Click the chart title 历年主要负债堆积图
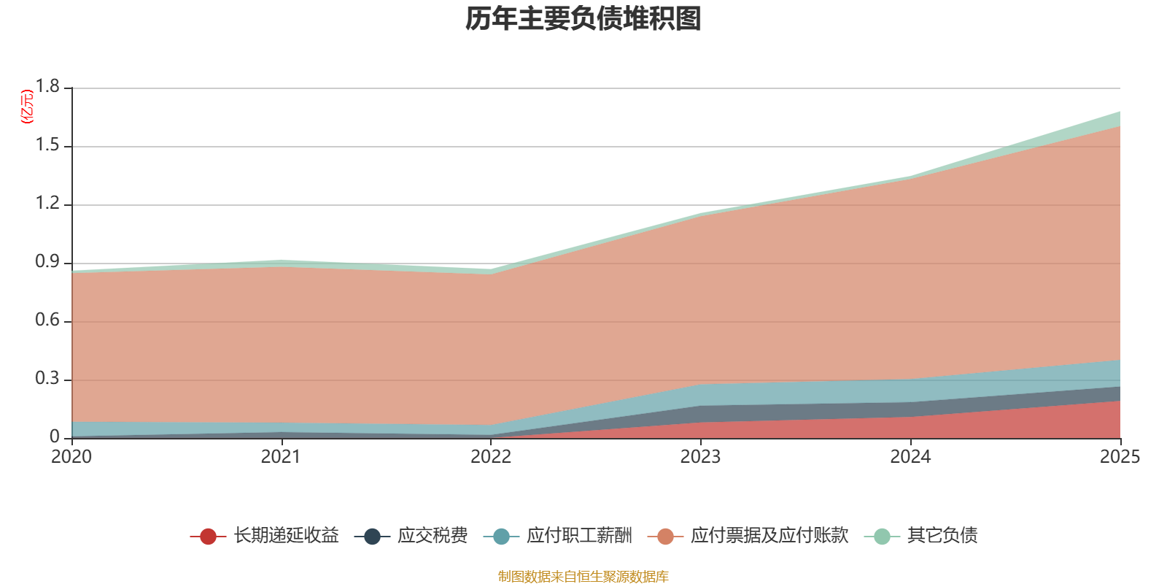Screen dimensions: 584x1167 point(583,19)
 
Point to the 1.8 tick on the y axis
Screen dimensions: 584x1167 point(48,87)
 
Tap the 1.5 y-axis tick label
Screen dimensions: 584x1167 point(48,145)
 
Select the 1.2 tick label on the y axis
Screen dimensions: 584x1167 point(48,204)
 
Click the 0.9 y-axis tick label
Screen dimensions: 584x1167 point(48,262)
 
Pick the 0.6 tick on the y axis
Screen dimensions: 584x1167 point(48,320)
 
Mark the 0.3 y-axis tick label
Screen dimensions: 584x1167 point(48,379)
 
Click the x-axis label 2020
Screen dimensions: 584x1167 point(71,457)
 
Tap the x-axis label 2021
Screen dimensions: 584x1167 point(281,457)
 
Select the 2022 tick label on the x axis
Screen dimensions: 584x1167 point(491,457)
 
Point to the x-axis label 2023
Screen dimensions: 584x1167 point(700,457)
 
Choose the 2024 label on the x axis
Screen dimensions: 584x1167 point(910,457)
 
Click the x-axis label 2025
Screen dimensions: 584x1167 point(1120,457)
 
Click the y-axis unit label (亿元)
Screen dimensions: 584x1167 point(27,107)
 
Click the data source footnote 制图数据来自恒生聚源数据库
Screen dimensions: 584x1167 point(583,577)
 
